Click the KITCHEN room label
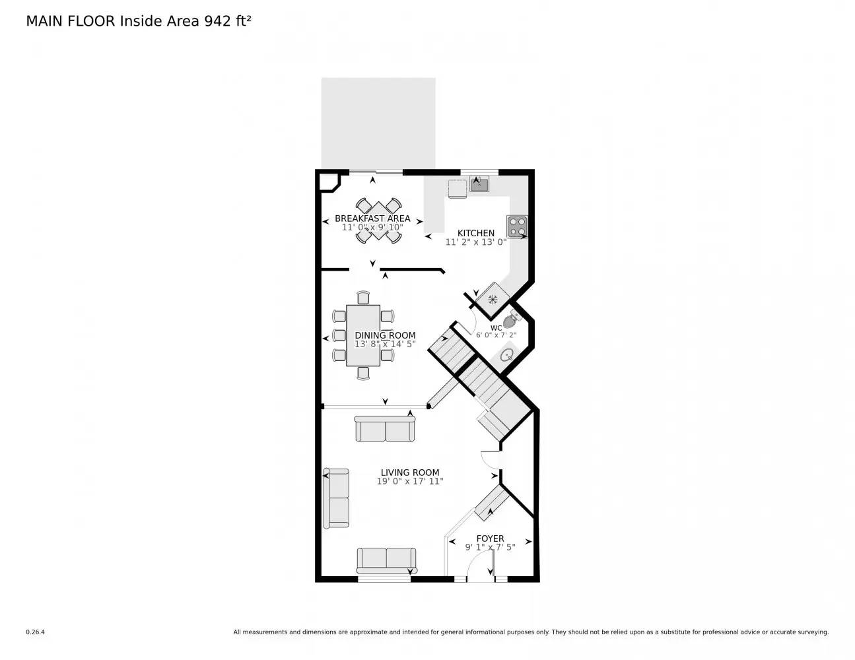click(475, 233)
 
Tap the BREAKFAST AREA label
click(372, 218)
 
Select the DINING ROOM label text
click(385, 335)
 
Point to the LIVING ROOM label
click(409, 473)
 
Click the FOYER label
click(490, 539)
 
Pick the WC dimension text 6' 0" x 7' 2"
click(496, 335)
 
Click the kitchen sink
click(479, 185)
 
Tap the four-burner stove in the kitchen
click(516, 226)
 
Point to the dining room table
click(363, 335)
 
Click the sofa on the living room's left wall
click(337, 498)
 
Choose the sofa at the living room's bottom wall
click(386, 560)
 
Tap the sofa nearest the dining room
click(385, 429)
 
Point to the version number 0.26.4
click(35, 632)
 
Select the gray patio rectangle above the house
click(378, 123)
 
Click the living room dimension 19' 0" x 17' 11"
click(409, 482)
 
